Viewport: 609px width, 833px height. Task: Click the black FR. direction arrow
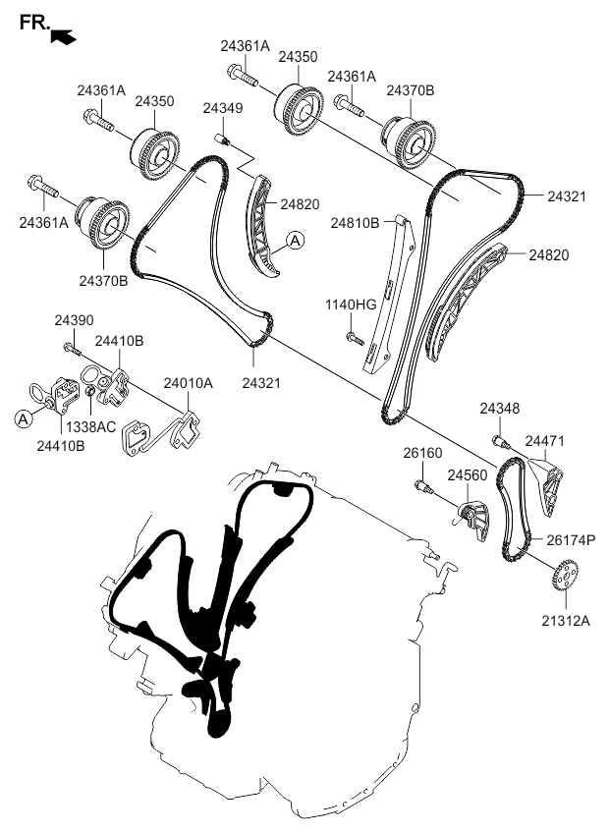coord(63,36)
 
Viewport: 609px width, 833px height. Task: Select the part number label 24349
coord(223,108)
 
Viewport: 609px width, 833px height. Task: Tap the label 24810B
coord(355,223)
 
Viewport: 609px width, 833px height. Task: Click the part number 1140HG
coord(351,305)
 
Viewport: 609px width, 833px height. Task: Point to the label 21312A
coord(566,620)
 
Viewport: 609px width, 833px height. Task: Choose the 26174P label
coord(571,540)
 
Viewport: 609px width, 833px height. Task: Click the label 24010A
coord(189,382)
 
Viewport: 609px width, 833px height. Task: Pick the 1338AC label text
coord(91,426)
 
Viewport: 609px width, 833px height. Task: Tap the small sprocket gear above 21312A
coord(565,574)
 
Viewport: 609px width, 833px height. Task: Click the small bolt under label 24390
coord(72,349)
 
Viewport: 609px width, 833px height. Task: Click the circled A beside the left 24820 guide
coord(295,241)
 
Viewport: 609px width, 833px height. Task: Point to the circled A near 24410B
coord(23,418)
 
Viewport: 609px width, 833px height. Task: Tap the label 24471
coord(545,440)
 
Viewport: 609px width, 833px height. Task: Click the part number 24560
coord(468,474)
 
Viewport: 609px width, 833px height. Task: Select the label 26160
coord(422,453)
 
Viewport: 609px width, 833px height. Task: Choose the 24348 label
coord(500,409)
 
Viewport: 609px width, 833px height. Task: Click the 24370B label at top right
coord(411,90)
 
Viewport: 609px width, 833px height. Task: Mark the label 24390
coord(74,320)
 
